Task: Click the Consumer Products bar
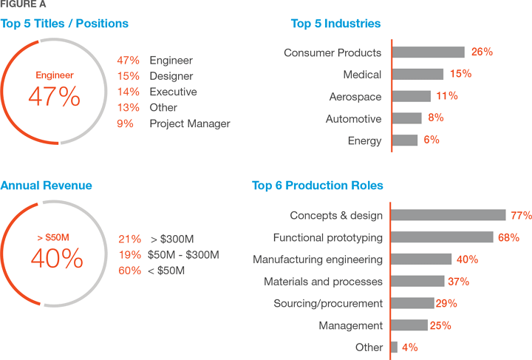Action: (x=428, y=52)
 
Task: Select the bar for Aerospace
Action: (x=411, y=96)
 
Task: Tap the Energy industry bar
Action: (x=404, y=140)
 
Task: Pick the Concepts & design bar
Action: (x=448, y=215)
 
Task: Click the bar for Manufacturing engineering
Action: (x=420, y=259)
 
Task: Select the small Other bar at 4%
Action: (x=394, y=347)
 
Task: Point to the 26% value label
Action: (x=482, y=52)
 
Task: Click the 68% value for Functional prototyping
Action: (x=508, y=237)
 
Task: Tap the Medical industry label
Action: (x=362, y=75)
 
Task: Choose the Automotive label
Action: (x=353, y=119)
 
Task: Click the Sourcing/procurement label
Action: (x=328, y=304)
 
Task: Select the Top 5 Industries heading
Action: (x=335, y=24)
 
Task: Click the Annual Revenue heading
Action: (x=47, y=186)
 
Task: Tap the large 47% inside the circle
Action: (x=54, y=97)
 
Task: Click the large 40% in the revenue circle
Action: (x=56, y=259)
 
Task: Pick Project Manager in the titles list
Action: (x=190, y=123)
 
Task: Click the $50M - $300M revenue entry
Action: (x=183, y=254)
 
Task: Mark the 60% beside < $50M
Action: (x=129, y=271)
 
